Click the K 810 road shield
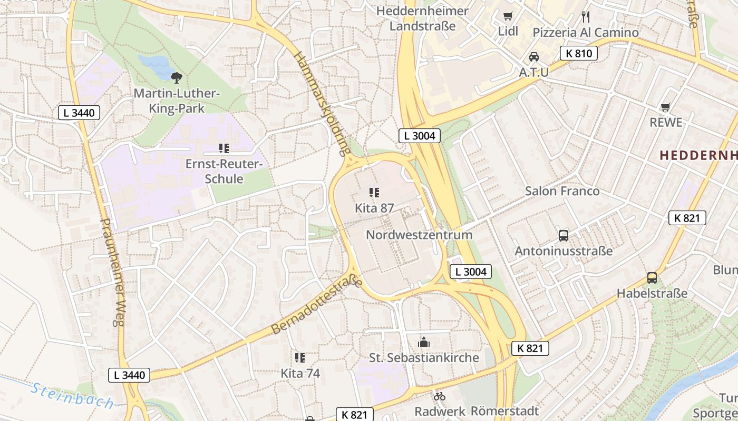click(578, 53)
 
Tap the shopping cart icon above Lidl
click(508, 16)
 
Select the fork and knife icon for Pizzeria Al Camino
click(586, 17)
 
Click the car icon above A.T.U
click(533, 57)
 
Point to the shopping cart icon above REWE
click(666, 107)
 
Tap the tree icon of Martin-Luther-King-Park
click(177, 78)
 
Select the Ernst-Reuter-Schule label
click(224, 171)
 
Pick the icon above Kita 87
click(374, 193)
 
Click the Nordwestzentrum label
click(419, 235)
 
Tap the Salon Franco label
click(562, 191)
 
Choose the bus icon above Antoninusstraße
click(564, 235)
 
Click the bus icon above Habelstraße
click(652, 278)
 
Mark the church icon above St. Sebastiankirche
click(424, 343)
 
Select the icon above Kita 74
click(300, 358)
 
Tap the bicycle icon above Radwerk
click(439, 396)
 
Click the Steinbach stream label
click(72, 396)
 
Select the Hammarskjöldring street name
click(322, 104)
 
